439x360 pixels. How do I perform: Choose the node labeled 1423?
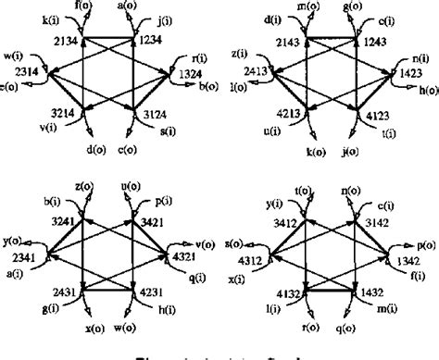401,69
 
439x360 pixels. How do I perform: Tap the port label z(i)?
239,56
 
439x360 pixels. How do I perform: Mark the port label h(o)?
428,90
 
